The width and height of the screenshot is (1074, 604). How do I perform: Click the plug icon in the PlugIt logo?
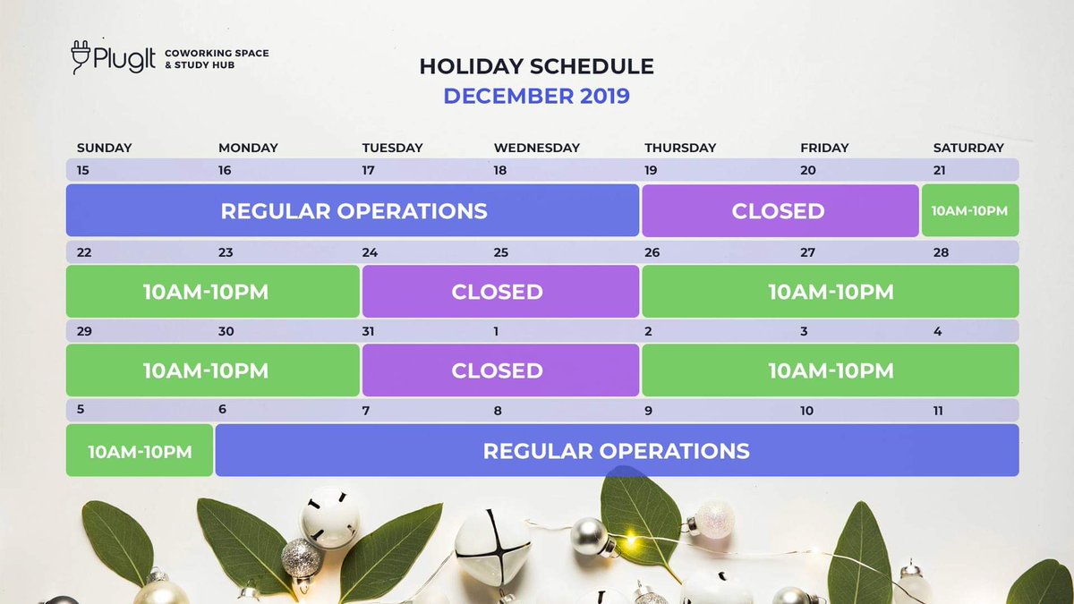click(x=83, y=57)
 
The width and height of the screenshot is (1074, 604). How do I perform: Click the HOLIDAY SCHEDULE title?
click(x=536, y=66)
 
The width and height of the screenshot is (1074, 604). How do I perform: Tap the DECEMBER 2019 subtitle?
click(x=536, y=96)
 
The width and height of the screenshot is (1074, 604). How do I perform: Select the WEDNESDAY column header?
click(x=536, y=148)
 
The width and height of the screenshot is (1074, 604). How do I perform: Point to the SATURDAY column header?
click(x=968, y=148)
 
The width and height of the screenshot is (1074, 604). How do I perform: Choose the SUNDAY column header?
click(x=104, y=148)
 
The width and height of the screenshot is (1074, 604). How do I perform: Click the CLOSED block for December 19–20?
click(x=779, y=211)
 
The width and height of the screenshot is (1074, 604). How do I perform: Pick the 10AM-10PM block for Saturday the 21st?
click(x=969, y=211)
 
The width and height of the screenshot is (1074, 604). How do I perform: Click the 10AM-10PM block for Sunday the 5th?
click(x=140, y=451)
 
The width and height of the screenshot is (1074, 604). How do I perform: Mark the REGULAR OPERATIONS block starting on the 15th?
click(x=353, y=211)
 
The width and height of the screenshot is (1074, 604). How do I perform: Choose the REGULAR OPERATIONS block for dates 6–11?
click(x=616, y=451)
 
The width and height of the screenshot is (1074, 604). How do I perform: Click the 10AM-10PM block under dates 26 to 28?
click(x=830, y=292)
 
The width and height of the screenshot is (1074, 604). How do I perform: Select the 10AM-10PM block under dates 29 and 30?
click(x=212, y=370)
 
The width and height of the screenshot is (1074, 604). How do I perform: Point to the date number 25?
click(x=501, y=252)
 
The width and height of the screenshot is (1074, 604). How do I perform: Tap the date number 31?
click(x=369, y=332)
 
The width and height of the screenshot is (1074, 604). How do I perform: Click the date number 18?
click(x=499, y=171)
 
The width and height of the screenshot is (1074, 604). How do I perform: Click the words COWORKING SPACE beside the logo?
click(x=217, y=54)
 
